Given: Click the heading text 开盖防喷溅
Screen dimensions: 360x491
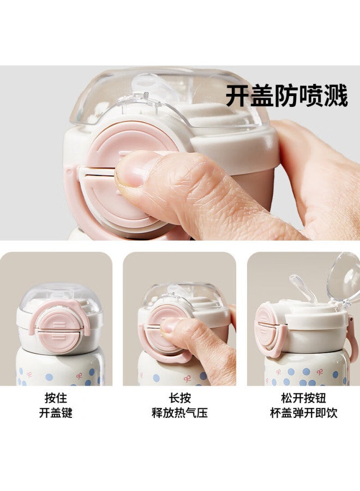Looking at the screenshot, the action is [286, 95].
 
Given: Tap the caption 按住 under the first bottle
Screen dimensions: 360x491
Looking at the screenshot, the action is [56, 398].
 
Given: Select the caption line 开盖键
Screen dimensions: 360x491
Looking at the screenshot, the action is [56, 413].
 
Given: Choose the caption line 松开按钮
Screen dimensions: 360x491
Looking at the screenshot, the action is [304, 398].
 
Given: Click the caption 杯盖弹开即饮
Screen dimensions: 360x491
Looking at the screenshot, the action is [304, 413].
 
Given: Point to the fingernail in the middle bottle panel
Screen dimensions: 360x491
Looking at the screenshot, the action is [169, 326].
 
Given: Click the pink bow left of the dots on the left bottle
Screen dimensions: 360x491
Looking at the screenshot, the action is [29, 374].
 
